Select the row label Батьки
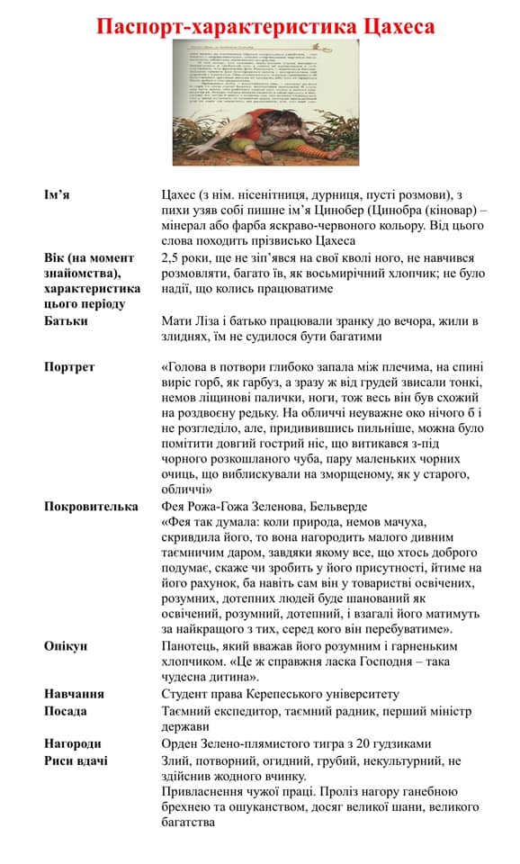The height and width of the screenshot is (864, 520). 67,320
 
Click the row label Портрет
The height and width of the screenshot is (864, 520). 70,367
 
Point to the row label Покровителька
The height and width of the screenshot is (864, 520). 91,507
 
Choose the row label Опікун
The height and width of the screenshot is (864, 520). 67,646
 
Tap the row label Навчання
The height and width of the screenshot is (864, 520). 75,694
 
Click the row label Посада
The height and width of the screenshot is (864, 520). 66,711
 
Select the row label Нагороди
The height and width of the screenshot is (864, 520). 73,743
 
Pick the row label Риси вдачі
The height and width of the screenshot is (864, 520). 76,760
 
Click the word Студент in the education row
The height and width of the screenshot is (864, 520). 186,694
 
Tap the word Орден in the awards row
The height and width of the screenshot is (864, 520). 182,743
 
